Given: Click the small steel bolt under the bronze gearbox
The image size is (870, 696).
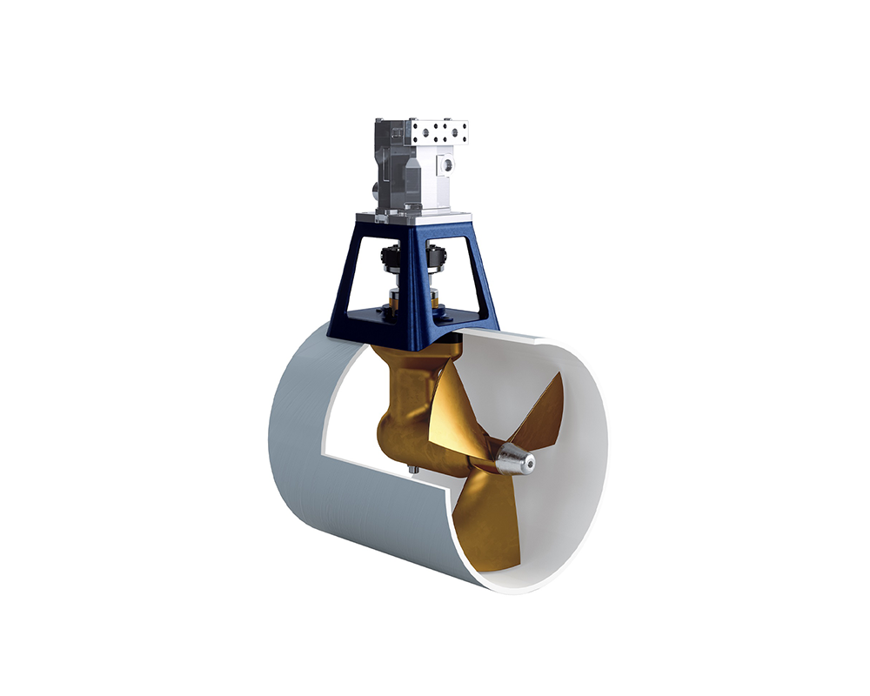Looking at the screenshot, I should (x=412, y=472).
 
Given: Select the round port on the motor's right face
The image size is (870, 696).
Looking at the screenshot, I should (x=447, y=164).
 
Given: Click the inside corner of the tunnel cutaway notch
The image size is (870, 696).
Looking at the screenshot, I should (x=320, y=452).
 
